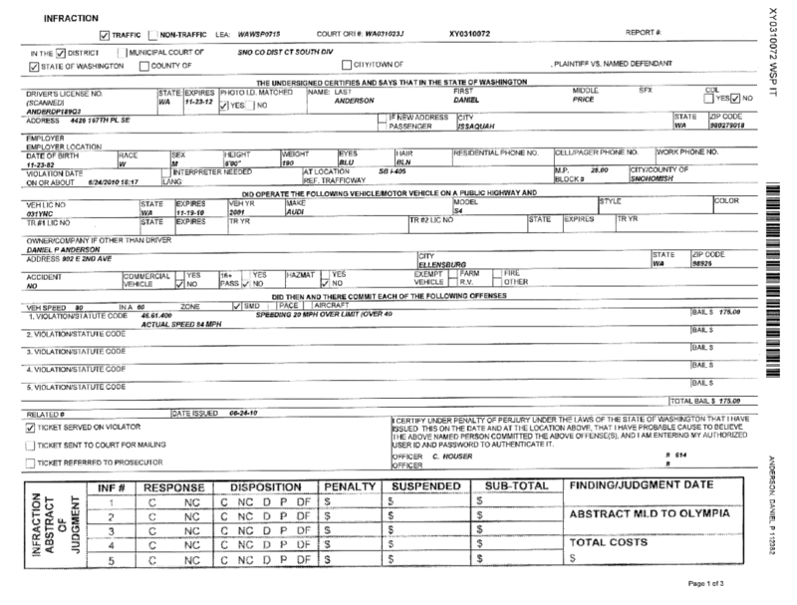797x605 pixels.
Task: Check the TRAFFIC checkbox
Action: pos(106,34)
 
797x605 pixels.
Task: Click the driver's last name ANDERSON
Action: pos(354,101)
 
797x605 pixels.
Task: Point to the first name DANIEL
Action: pos(469,101)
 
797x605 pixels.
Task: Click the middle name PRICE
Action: pos(583,101)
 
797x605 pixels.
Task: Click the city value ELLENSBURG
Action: pos(443,265)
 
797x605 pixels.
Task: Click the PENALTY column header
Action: pos(349,486)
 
